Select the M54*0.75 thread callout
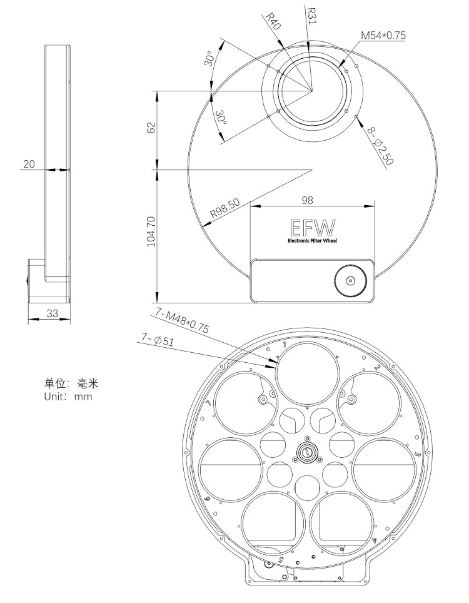pyautogui.click(x=383, y=36)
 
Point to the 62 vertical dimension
pyautogui.click(x=151, y=128)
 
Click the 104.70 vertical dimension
pyautogui.click(x=151, y=231)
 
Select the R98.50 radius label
pyautogui.click(x=224, y=208)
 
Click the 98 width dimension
pyautogui.click(x=307, y=200)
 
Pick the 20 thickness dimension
pyautogui.click(x=29, y=164)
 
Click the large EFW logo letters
pyautogui.click(x=312, y=228)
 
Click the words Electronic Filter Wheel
pyautogui.click(x=312, y=241)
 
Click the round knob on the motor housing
pyautogui.click(x=350, y=281)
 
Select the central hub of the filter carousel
pyautogui.click(x=307, y=452)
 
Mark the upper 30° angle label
pyautogui.click(x=212, y=59)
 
